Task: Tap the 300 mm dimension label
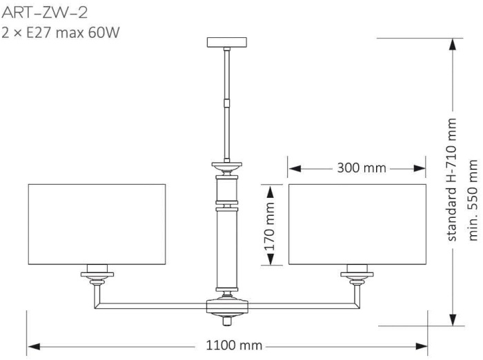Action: pyautogui.click(x=361, y=168)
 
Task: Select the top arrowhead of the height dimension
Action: pyautogui.click(x=452, y=43)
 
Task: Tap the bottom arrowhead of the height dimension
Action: pyautogui.click(x=452, y=319)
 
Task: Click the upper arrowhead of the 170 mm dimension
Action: pyautogui.click(x=270, y=189)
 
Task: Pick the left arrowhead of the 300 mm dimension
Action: pyautogui.click(x=294, y=168)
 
